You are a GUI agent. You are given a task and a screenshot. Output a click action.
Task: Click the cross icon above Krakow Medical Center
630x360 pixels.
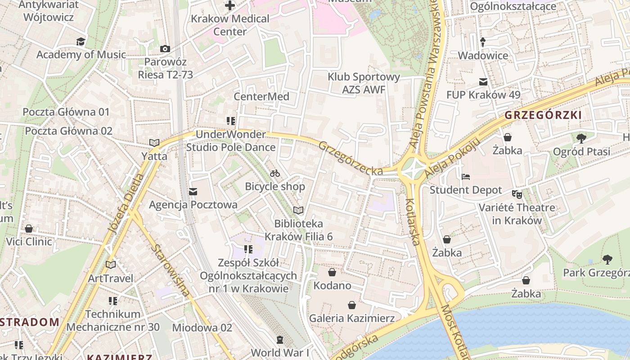pyautogui.click(x=230, y=6)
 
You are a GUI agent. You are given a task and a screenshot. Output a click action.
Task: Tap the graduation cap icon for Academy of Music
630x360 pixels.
pyautogui.click(x=81, y=42)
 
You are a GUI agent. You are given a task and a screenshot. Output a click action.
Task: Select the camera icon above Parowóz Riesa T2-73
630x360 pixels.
pyautogui.click(x=165, y=49)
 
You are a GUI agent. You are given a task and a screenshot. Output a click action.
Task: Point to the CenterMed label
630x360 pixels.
pyautogui.click(x=261, y=97)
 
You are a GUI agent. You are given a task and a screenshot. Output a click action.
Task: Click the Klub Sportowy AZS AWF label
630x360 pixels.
pyautogui.click(x=364, y=83)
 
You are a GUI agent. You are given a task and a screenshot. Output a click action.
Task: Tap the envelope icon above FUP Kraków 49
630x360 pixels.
pyautogui.click(x=483, y=82)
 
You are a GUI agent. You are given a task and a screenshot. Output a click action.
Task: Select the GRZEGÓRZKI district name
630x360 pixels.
pyautogui.click(x=543, y=115)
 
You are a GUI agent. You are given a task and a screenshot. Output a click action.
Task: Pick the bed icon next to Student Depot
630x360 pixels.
pyautogui.click(x=466, y=177)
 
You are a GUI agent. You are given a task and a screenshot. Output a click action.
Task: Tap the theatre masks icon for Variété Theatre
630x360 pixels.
pyautogui.click(x=517, y=194)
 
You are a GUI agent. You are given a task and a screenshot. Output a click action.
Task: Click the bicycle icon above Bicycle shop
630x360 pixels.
pyautogui.click(x=275, y=173)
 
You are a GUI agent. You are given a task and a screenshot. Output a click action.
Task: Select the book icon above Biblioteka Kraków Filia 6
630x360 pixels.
pyautogui.click(x=298, y=210)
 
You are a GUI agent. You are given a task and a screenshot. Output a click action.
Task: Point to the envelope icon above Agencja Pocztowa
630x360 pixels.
pyautogui.click(x=193, y=192)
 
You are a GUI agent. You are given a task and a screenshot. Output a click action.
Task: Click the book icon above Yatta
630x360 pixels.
pyautogui.click(x=154, y=143)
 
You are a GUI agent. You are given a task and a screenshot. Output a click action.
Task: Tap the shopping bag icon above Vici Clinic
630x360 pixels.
pyautogui.click(x=29, y=229)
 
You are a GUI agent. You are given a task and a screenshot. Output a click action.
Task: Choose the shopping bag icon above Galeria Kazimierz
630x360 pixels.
pyautogui.click(x=351, y=305)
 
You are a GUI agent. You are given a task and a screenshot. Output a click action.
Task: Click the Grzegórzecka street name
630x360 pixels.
pyautogui.click(x=351, y=159)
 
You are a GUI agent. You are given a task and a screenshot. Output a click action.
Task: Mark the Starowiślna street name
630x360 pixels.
pyautogui.click(x=170, y=271)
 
